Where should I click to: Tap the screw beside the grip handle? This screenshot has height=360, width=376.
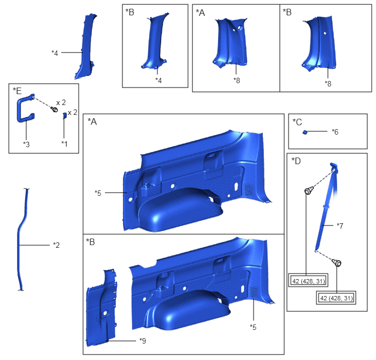coord(55,109)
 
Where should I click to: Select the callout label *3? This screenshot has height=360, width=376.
coord(26,144)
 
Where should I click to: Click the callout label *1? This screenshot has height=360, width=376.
coord(64,143)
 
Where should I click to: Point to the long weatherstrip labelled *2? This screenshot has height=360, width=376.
coord(19,240)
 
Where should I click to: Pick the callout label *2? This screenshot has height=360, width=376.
coord(56,245)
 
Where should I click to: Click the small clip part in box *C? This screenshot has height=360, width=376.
coord(305,132)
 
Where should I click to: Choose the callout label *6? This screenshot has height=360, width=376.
coord(335,131)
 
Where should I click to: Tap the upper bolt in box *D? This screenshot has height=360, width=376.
coord(308,191)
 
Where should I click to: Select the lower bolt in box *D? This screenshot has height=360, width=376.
coord(337,263)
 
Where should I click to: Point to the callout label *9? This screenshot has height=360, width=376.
coord(143,340)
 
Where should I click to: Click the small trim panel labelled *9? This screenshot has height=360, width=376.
coord(101,309)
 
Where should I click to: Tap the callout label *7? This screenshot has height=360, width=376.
coord(340,225)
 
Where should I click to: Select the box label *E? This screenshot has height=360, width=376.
coord(17,91)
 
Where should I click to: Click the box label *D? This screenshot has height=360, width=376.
coord(296,160)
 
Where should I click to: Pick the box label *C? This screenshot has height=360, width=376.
coord(297,122)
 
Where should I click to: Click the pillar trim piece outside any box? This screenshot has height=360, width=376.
coord(86,47)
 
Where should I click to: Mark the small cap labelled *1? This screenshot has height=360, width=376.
coord(64,115)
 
